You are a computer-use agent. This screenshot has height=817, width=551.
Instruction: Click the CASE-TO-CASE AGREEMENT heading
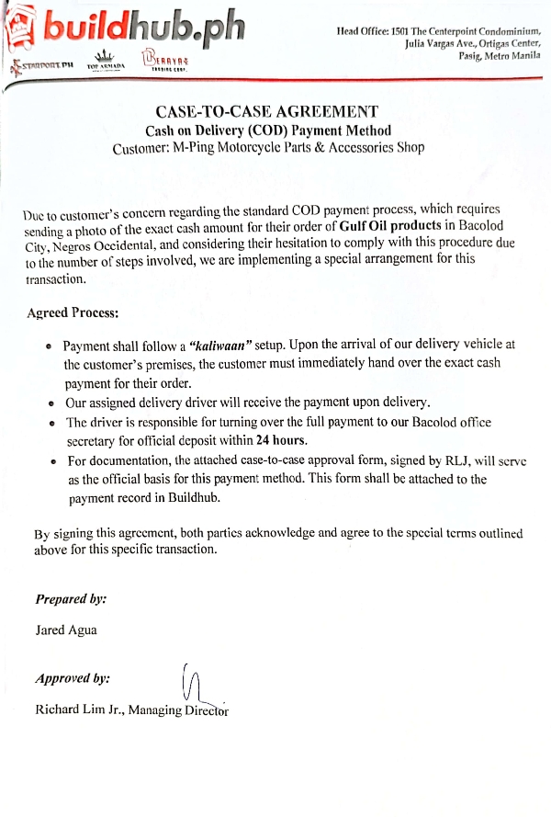[x=266, y=112]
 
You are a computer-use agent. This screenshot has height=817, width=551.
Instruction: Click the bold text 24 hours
[x=282, y=440]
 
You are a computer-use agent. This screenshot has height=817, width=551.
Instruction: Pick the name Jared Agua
[x=66, y=631]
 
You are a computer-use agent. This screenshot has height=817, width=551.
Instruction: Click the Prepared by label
[x=71, y=598]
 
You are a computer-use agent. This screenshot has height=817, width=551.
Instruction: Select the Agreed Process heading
[x=73, y=312]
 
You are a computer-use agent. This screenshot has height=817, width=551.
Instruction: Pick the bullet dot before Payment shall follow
[x=48, y=347]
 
